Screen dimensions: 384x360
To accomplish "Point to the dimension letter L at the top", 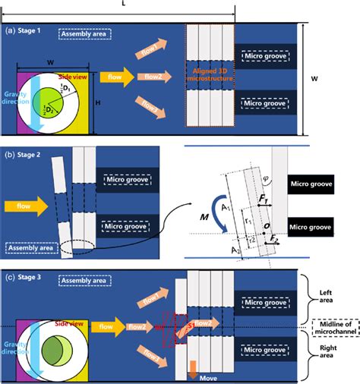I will [x=123, y=5].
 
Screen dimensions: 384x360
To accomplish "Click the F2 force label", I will [x=275, y=239].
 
